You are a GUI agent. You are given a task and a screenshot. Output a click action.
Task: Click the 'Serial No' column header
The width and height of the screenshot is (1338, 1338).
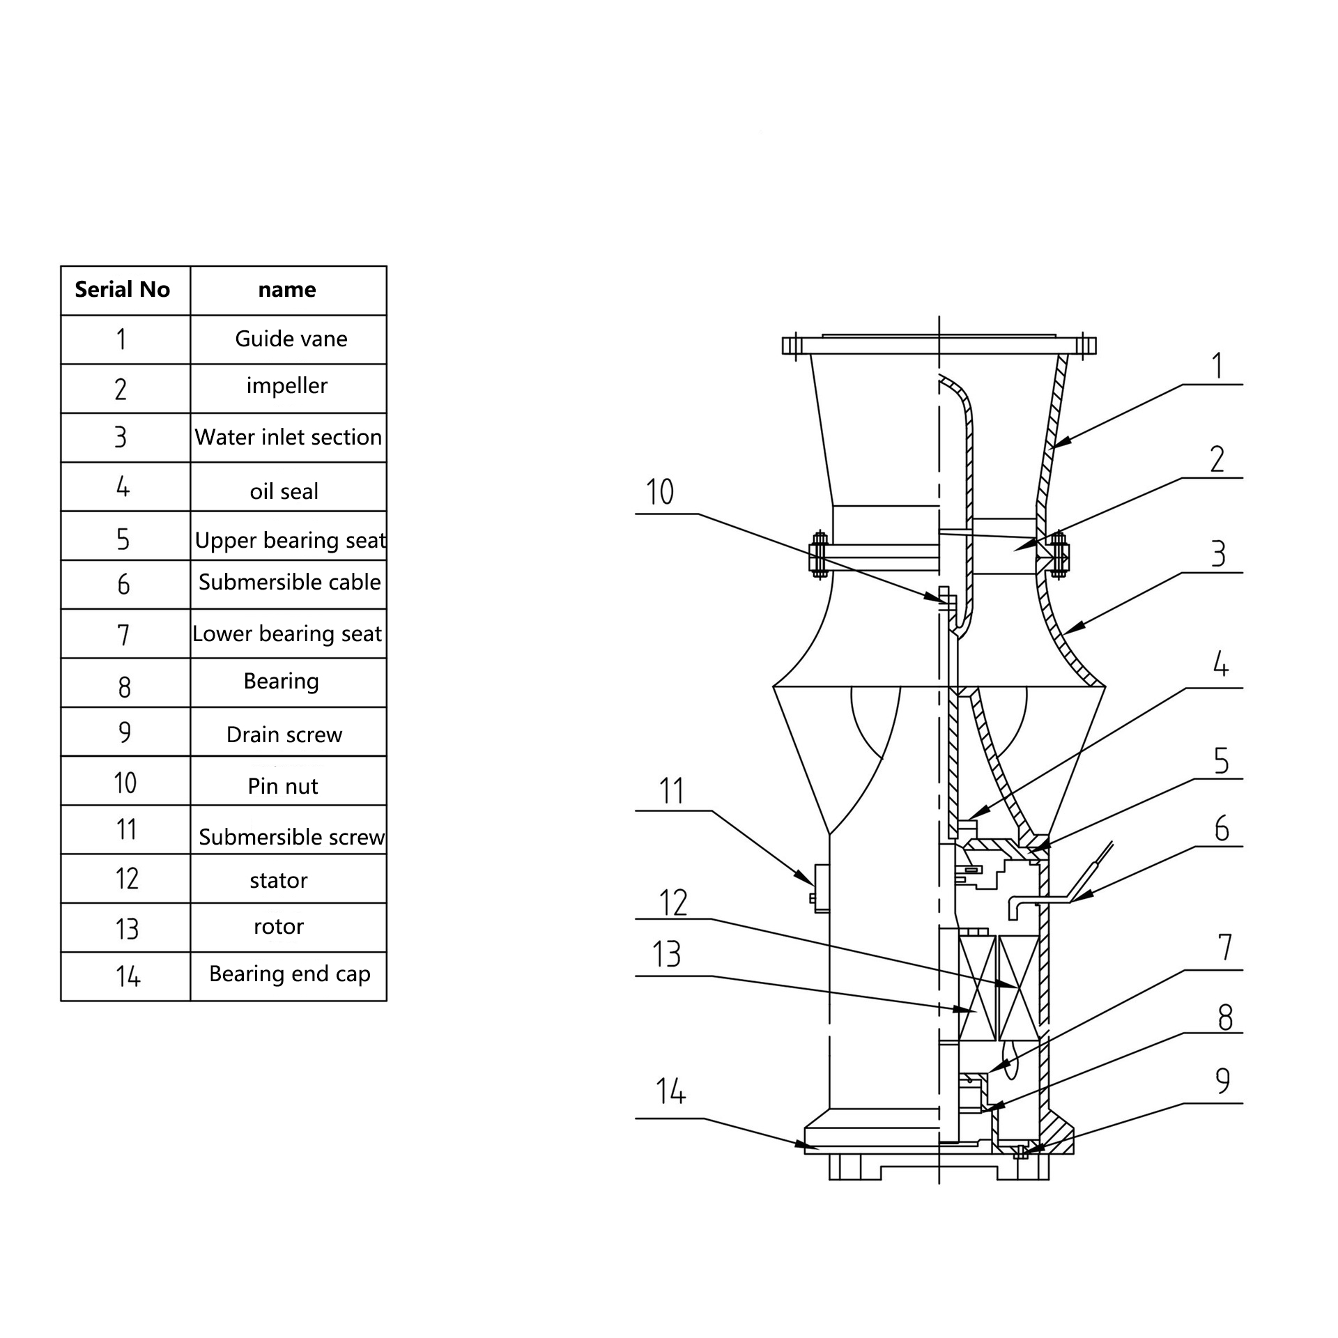coord(122,289)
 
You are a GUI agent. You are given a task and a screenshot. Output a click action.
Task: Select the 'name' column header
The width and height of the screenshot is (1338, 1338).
coord(287,290)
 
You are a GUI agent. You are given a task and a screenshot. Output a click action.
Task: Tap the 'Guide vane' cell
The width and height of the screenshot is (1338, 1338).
coord(291,339)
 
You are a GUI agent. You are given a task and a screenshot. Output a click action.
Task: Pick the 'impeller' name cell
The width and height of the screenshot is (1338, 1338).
coord(287,387)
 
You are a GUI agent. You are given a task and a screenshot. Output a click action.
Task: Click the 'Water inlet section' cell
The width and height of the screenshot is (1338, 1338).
coord(289,437)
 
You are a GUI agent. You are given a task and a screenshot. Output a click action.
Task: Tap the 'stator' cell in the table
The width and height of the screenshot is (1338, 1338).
coord(279,880)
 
